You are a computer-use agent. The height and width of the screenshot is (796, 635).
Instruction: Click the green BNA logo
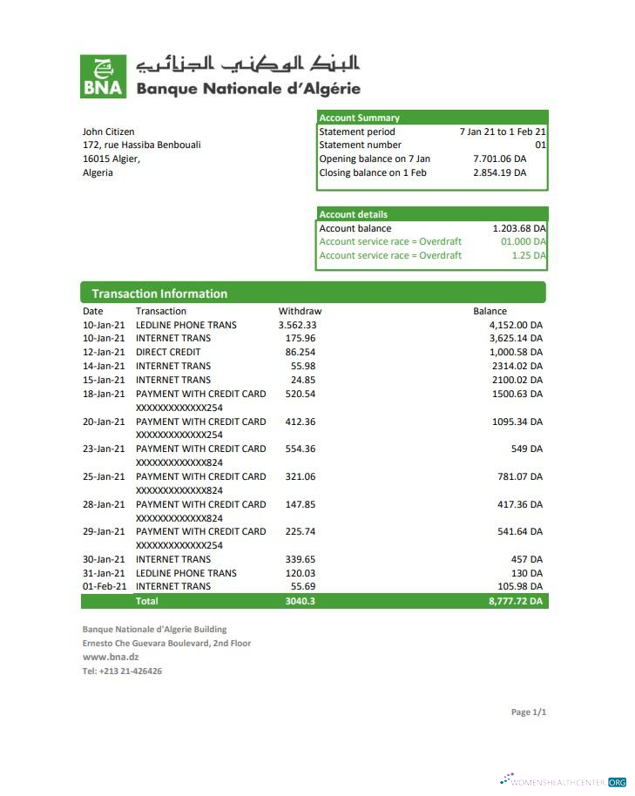pyautogui.click(x=103, y=76)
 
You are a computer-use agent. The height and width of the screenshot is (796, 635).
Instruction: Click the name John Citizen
pyautogui.click(x=108, y=132)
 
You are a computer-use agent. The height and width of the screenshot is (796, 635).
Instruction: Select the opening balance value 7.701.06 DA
pyautogui.click(x=499, y=159)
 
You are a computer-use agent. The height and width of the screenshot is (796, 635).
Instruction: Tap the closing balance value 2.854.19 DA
pyautogui.click(x=499, y=172)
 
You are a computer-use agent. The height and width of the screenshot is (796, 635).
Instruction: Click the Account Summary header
pyautogui.click(x=359, y=118)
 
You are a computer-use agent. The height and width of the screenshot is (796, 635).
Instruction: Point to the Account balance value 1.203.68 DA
pyautogui.click(x=519, y=228)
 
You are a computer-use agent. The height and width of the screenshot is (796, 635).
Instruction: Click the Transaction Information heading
pyautogui.click(x=159, y=293)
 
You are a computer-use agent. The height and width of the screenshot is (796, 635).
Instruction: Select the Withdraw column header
pyautogui.click(x=300, y=311)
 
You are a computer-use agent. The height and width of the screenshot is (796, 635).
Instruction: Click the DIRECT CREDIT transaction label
pyautogui.click(x=168, y=352)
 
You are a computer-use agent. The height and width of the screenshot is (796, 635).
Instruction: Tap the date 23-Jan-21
pyautogui.click(x=104, y=449)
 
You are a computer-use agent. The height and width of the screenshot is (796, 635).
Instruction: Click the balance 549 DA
pyautogui.click(x=526, y=449)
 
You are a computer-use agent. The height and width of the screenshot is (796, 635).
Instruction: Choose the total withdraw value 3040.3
pyautogui.click(x=300, y=601)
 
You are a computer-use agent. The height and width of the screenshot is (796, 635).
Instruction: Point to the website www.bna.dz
pyautogui.click(x=111, y=657)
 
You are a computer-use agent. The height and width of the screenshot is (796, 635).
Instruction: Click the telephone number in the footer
pyautogui.click(x=122, y=671)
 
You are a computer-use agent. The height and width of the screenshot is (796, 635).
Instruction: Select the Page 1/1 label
pyautogui.click(x=528, y=712)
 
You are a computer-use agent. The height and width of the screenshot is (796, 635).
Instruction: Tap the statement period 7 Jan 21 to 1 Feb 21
pyautogui.click(x=503, y=132)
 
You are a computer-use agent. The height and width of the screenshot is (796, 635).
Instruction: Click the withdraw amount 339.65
pyautogui.click(x=300, y=559)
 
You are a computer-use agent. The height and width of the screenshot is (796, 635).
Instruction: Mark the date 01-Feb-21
pyautogui.click(x=104, y=586)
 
